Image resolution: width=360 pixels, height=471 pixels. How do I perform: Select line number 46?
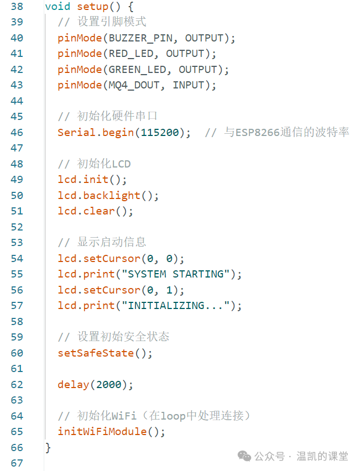point(17,132)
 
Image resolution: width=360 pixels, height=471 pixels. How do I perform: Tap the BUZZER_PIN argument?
point(140,38)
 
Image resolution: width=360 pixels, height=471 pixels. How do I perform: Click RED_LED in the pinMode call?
point(131,54)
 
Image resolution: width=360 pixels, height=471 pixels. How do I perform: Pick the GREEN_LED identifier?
point(137,70)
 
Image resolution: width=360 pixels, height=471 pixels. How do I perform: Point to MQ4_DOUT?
point(134,85)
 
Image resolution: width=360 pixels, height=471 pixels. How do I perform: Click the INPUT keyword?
point(189,85)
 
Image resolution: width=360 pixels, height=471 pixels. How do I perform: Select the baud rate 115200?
point(160,133)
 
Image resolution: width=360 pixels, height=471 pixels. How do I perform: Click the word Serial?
point(76,133)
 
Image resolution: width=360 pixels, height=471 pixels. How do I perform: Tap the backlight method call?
point(112,196)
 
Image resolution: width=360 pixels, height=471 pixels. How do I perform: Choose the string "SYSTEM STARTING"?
point(176,274)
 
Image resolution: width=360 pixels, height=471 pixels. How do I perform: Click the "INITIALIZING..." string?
point(176,306)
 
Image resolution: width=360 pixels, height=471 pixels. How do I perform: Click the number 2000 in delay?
point(108,385)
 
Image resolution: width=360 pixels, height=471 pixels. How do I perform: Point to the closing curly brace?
point(48,448)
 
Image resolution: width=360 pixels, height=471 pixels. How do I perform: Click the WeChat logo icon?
point(244,456)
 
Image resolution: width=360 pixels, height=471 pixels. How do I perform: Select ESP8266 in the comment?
point(258,133)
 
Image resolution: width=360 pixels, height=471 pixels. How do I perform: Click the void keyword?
point(58,6)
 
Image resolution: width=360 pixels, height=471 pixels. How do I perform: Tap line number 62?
point(17,385)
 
